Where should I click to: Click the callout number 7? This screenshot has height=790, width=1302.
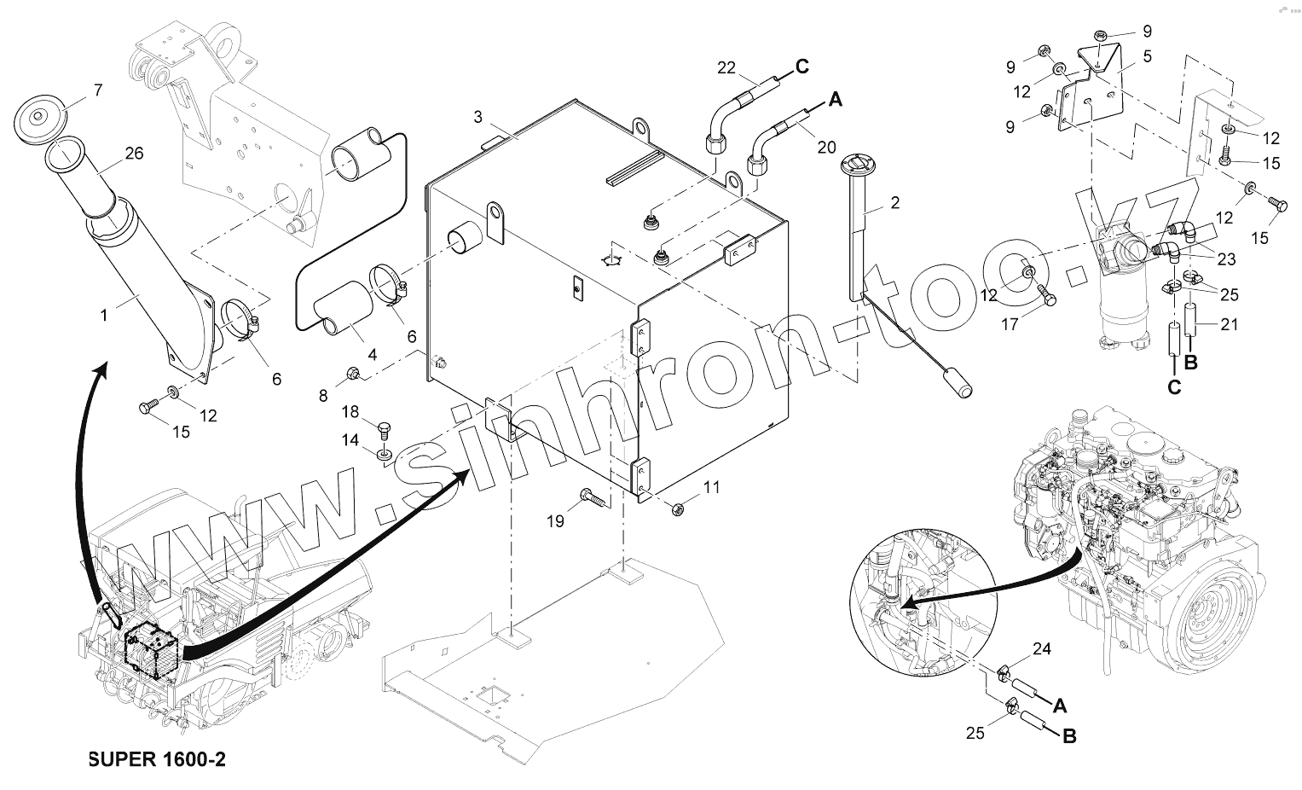tap(98, 89)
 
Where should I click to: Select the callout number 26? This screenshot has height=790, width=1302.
tap(134, 154)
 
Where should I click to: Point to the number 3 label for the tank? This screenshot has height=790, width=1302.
tap(477, 115)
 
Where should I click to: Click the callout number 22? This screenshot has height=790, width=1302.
tap(726, 67)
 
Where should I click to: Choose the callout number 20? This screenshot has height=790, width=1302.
tap(826, 147)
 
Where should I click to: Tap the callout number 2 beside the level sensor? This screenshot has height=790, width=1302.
tap(894, 203)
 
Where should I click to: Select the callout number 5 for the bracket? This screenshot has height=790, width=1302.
tap(1147, 58)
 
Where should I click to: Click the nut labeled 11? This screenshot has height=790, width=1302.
tap(679, 508)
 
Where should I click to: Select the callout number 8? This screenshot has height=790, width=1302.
tap(322, 395)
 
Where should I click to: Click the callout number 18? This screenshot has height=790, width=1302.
tap(351, 412)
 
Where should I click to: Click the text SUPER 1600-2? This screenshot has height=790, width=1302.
tap(157, 759)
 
